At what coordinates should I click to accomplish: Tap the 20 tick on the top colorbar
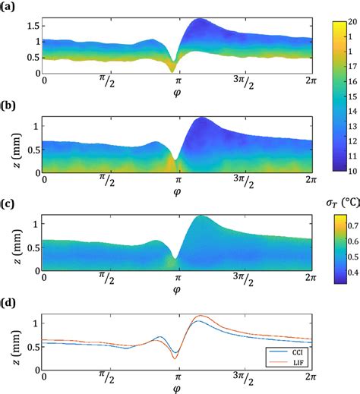[351, 23]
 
